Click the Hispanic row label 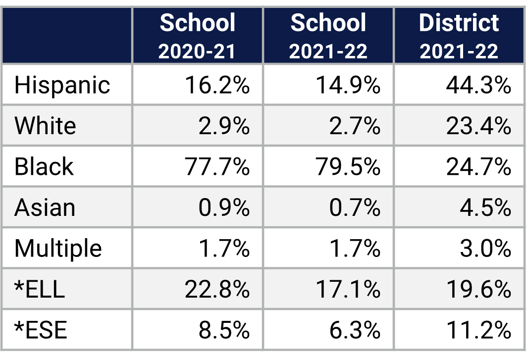[x=62, y=85]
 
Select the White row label [x=45, y=126]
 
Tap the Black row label [x=44, y=166]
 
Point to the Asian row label [x=45, y=207]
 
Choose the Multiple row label [x=58, y=248]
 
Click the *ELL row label [x=40, y=289]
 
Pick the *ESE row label [x=41, y=330]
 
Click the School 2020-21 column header [x=197, y=36]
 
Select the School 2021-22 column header [x=328, y=36]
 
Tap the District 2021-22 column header [x=459, y=36]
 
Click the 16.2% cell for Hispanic [x=217, y=85]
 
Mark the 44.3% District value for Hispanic [x=478, y=85]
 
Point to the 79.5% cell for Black [x=348, y=167]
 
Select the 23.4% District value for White [x=478, y=126]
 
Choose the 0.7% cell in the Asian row [x=355, y=207]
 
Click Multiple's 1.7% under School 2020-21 [x=224, y=248]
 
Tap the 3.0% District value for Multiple [x=485, y=248]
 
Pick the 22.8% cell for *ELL [x=217, y=289]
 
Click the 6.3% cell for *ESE [x=355, y=330]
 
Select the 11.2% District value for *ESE [x=478, y=330]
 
